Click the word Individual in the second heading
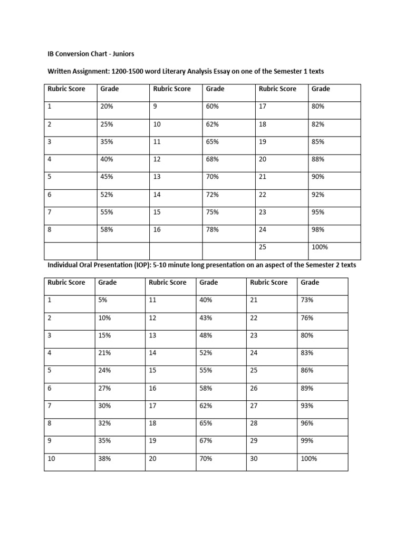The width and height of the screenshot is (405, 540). coord(63,265)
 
